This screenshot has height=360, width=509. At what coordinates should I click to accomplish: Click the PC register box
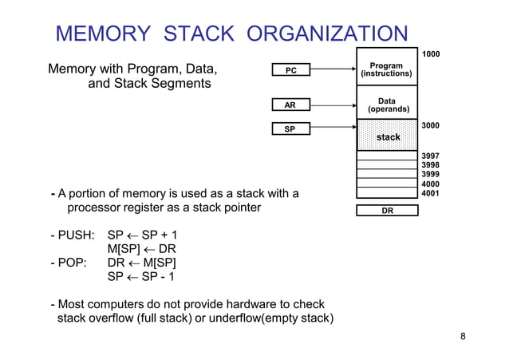(x=291, y=70)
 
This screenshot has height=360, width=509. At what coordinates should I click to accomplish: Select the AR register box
(x=291, y=105)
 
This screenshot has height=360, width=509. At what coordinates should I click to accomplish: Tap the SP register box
(x=291, y=129)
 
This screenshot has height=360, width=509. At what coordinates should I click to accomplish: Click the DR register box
(x=387, y=211)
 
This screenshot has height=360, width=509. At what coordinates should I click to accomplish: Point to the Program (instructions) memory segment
(x=387, y=69)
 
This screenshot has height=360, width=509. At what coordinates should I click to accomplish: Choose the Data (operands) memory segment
(x=387, y=105)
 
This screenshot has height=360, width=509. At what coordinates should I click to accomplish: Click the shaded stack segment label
(x=388, y=137)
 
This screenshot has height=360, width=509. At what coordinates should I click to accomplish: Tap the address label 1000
(x=431, y=53)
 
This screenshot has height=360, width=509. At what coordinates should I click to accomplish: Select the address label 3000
(x=431, y=125)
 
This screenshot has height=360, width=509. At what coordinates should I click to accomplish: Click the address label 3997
(x=431, y=156)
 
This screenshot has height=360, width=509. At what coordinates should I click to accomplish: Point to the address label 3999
(x=431, y=174)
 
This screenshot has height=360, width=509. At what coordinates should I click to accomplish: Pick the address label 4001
(x=431, y=192)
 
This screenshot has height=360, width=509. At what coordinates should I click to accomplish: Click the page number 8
(x=463, y=336)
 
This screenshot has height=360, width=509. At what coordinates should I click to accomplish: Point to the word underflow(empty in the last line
(x=262, y=319)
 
